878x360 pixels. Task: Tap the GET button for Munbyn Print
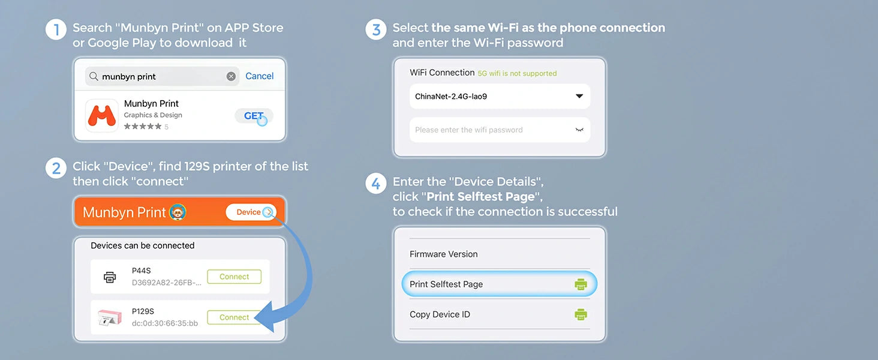pyautogui.click(x=254, y=116)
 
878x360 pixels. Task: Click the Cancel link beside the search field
pyautogui.click(x=260, y=76)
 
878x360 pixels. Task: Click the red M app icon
pyautogui.click(x=102, y=115)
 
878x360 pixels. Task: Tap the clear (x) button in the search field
pyautogui.click(x=231, y=76)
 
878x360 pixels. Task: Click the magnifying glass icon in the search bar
pyautogui.click(x=94, y=76)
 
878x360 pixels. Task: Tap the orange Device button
pyautogui.click(x=251, y=212)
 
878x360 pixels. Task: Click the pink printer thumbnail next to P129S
pyautogui.click(x=109, y=317)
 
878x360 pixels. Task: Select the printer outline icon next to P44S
pyautogui.click(x=110, y=277)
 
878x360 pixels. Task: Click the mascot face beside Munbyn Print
pyautogui.click(x=178, y=212)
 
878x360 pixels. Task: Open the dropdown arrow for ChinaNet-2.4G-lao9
pyautogui.click(x=579, y=96)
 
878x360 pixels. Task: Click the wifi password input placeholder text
pyautogui.click(x=469, y=130)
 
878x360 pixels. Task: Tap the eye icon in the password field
pyautogui.click(x=579, y=130)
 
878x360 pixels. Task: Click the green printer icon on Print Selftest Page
pyautogui.click(x=581, y=284)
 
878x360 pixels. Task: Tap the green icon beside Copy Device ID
pyautogui.click(x=581, y=314)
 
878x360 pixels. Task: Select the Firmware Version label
pyautogui.click(x=444, y=254)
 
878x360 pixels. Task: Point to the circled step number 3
pyautogui.click(x=376, y=29)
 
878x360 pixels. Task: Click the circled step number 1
pyautogui.click(x=56, y=29)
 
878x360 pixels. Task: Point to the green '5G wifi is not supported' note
pyautogui.click(x=517, y=73)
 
